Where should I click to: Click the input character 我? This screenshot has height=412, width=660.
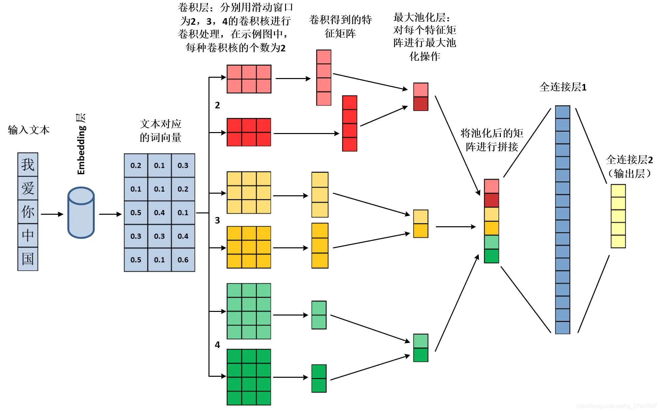coord(28,165)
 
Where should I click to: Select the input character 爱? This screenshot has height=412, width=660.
coord(28,188)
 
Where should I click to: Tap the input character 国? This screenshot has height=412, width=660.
coord(28,259)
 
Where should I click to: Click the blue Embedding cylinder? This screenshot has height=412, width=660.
coord(81,213)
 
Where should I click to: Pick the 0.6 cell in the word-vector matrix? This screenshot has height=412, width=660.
coord(183,260)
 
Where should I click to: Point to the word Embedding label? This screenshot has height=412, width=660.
coord(81,150)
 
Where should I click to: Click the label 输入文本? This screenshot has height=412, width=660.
coord(29,130)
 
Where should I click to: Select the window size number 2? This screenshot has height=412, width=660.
coord(217,105)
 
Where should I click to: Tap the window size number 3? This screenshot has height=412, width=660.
coord(217,220)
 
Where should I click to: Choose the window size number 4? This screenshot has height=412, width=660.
coord(217,345)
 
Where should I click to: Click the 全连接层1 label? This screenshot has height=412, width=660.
coord(563,87)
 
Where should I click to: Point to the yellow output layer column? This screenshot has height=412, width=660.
coord(618,216)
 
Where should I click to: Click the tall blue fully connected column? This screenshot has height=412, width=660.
coord(562,220)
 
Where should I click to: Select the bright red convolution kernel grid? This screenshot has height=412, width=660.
coord(249,132)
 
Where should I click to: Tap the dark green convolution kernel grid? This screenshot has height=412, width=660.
coord(249,377)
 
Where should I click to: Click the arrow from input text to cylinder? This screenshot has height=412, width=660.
coord(52,214)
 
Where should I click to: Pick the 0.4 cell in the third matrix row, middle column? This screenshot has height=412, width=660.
coord(159,213)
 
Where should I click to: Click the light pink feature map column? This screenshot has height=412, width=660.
coord(324,78)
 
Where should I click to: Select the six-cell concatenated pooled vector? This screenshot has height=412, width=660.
coord(491,221)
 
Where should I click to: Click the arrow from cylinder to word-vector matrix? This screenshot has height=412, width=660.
coord(110,214)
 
